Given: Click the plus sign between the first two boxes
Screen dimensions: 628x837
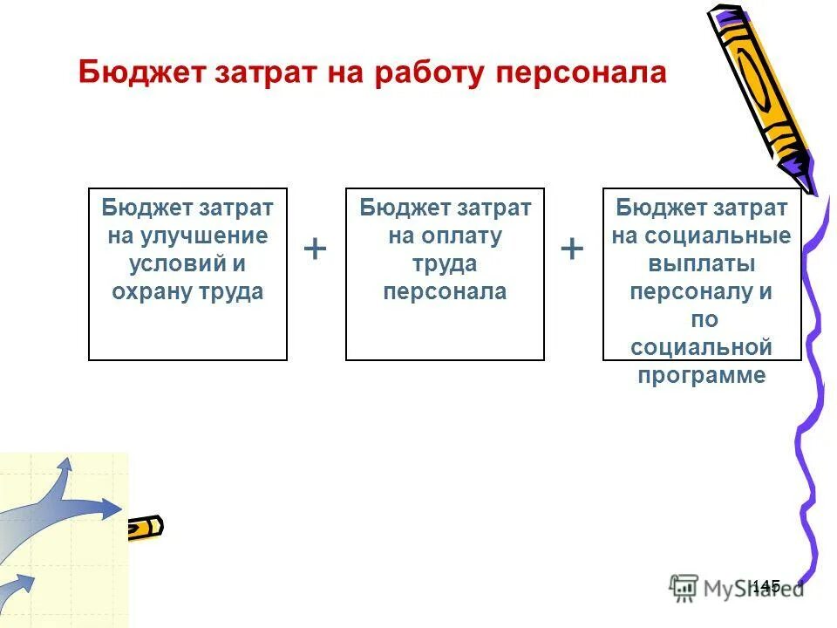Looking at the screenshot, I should pyautogui.click(x=316, y=249).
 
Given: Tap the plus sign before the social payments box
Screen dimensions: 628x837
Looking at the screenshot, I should pyautogui.click(x=572, y=249).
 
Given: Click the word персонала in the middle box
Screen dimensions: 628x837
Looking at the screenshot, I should pyautogui.click(x=445, y=291).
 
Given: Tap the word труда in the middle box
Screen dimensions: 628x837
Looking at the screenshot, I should pyautogui.click(x=445, y=263).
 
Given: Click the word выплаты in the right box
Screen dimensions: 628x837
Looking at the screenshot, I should pyautogui.click(x=702, y=263).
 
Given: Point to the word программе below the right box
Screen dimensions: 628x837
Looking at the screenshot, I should pyautogui.click(x=702, y=376).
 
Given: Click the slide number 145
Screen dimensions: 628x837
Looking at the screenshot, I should pyautogui.click(x=765, y=586).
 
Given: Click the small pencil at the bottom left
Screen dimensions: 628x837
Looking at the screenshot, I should pyautogui.click(x=145, y=528).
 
